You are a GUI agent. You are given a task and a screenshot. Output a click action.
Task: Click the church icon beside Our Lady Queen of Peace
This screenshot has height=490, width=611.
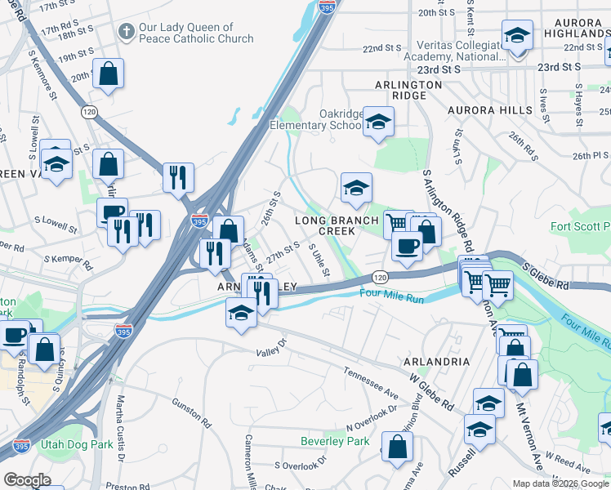(x=126, y=32)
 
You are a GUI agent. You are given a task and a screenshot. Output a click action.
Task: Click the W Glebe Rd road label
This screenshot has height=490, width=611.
(x=432, y=391)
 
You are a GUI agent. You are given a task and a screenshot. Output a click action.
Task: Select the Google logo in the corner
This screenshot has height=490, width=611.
(x=27, y=480)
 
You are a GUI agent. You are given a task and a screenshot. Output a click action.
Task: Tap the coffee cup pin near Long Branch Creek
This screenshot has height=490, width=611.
(x=408, y=246)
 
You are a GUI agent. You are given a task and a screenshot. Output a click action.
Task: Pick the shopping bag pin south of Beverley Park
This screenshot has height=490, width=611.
(x=397, y=448)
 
